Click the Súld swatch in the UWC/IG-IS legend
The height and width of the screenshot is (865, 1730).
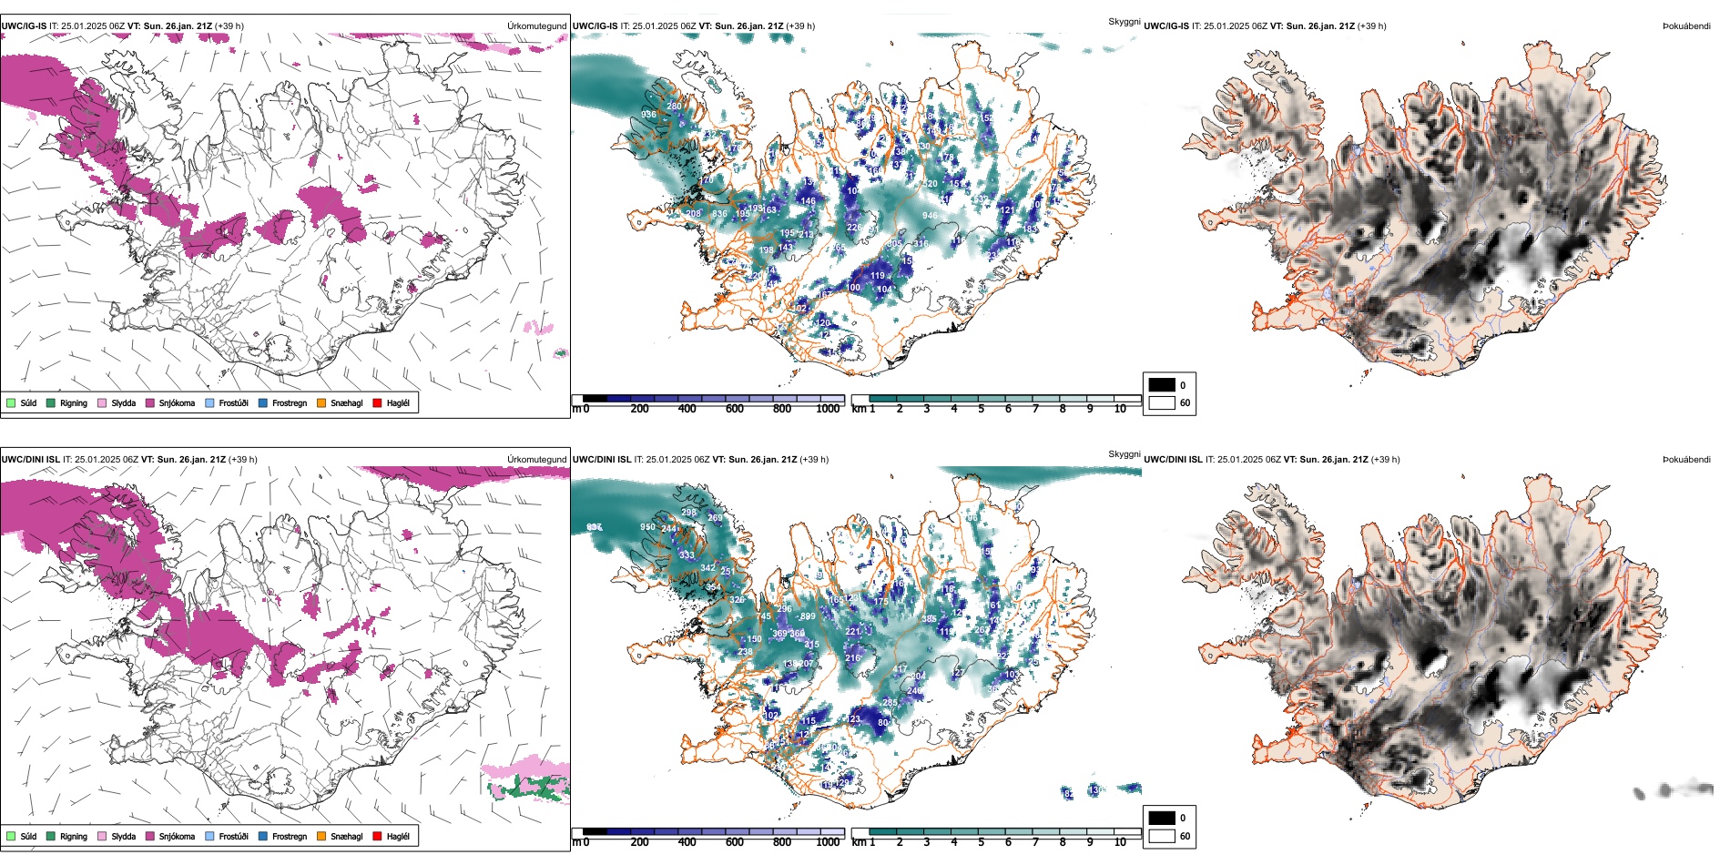click(11, 402)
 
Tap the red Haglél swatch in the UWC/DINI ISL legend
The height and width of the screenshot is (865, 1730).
click(377, 836)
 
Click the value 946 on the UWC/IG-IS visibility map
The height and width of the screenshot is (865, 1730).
click(929, 216)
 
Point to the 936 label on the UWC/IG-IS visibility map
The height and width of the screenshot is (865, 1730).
click(648, 115)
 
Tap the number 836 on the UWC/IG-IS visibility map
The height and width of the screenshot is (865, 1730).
click(719, 215)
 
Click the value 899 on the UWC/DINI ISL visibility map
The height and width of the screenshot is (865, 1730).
click(807, 616)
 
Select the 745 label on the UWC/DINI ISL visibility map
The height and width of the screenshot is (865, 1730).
click(763, 616)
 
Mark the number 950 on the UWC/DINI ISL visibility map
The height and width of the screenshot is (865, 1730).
click(647, 527)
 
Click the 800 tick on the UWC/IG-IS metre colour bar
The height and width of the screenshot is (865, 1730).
click(782, 409)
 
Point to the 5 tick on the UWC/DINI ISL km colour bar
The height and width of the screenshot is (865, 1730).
click(981, 842)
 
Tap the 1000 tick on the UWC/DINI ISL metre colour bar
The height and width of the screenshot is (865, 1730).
click(828, 842)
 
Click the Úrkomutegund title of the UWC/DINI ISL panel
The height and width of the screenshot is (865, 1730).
click(536, 459)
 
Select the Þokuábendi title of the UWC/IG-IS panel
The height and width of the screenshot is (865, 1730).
click(1686, 26)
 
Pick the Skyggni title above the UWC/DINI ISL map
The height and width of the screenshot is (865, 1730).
click(1124, 453)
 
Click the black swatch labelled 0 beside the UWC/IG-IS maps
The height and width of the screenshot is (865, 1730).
click(1162, 385)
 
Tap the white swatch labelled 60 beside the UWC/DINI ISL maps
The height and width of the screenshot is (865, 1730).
click(1162, 836)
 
